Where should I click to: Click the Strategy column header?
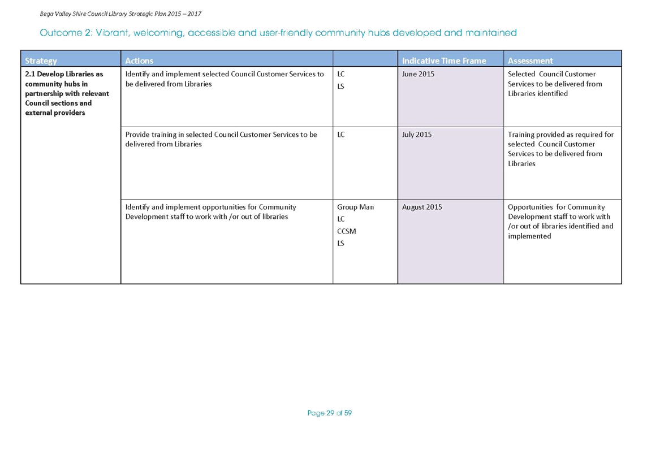41,60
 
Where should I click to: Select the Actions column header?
139,60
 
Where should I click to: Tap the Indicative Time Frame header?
444,60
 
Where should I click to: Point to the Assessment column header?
530,60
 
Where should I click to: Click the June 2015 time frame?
418,74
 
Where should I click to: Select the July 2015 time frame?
417,135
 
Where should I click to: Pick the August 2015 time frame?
422,207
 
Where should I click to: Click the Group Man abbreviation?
355,207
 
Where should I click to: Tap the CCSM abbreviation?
347,231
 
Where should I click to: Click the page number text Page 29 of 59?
330,413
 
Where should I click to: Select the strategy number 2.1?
30,74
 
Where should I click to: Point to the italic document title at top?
120,14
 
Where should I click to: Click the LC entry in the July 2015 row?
341,135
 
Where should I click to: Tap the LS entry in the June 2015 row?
341,87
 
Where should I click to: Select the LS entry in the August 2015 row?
341,243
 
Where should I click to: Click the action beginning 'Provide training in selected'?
221,139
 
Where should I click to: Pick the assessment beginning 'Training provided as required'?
560,149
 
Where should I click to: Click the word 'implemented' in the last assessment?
529,236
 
